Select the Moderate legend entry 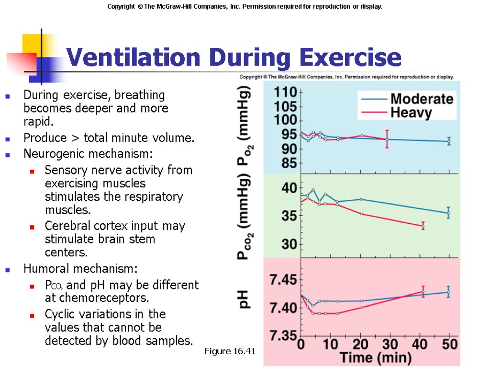tap(422, 99)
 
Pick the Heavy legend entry tap(411, 113)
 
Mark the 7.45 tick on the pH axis tap(283, 279)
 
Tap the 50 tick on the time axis tap(448, 345)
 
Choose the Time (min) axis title tap(376, 357)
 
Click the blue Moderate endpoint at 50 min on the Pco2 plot tap(448, 213)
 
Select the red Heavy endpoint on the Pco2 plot tap(423, 226)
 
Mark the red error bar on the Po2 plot tap(387, 139)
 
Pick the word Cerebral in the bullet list tap(66, 226)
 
